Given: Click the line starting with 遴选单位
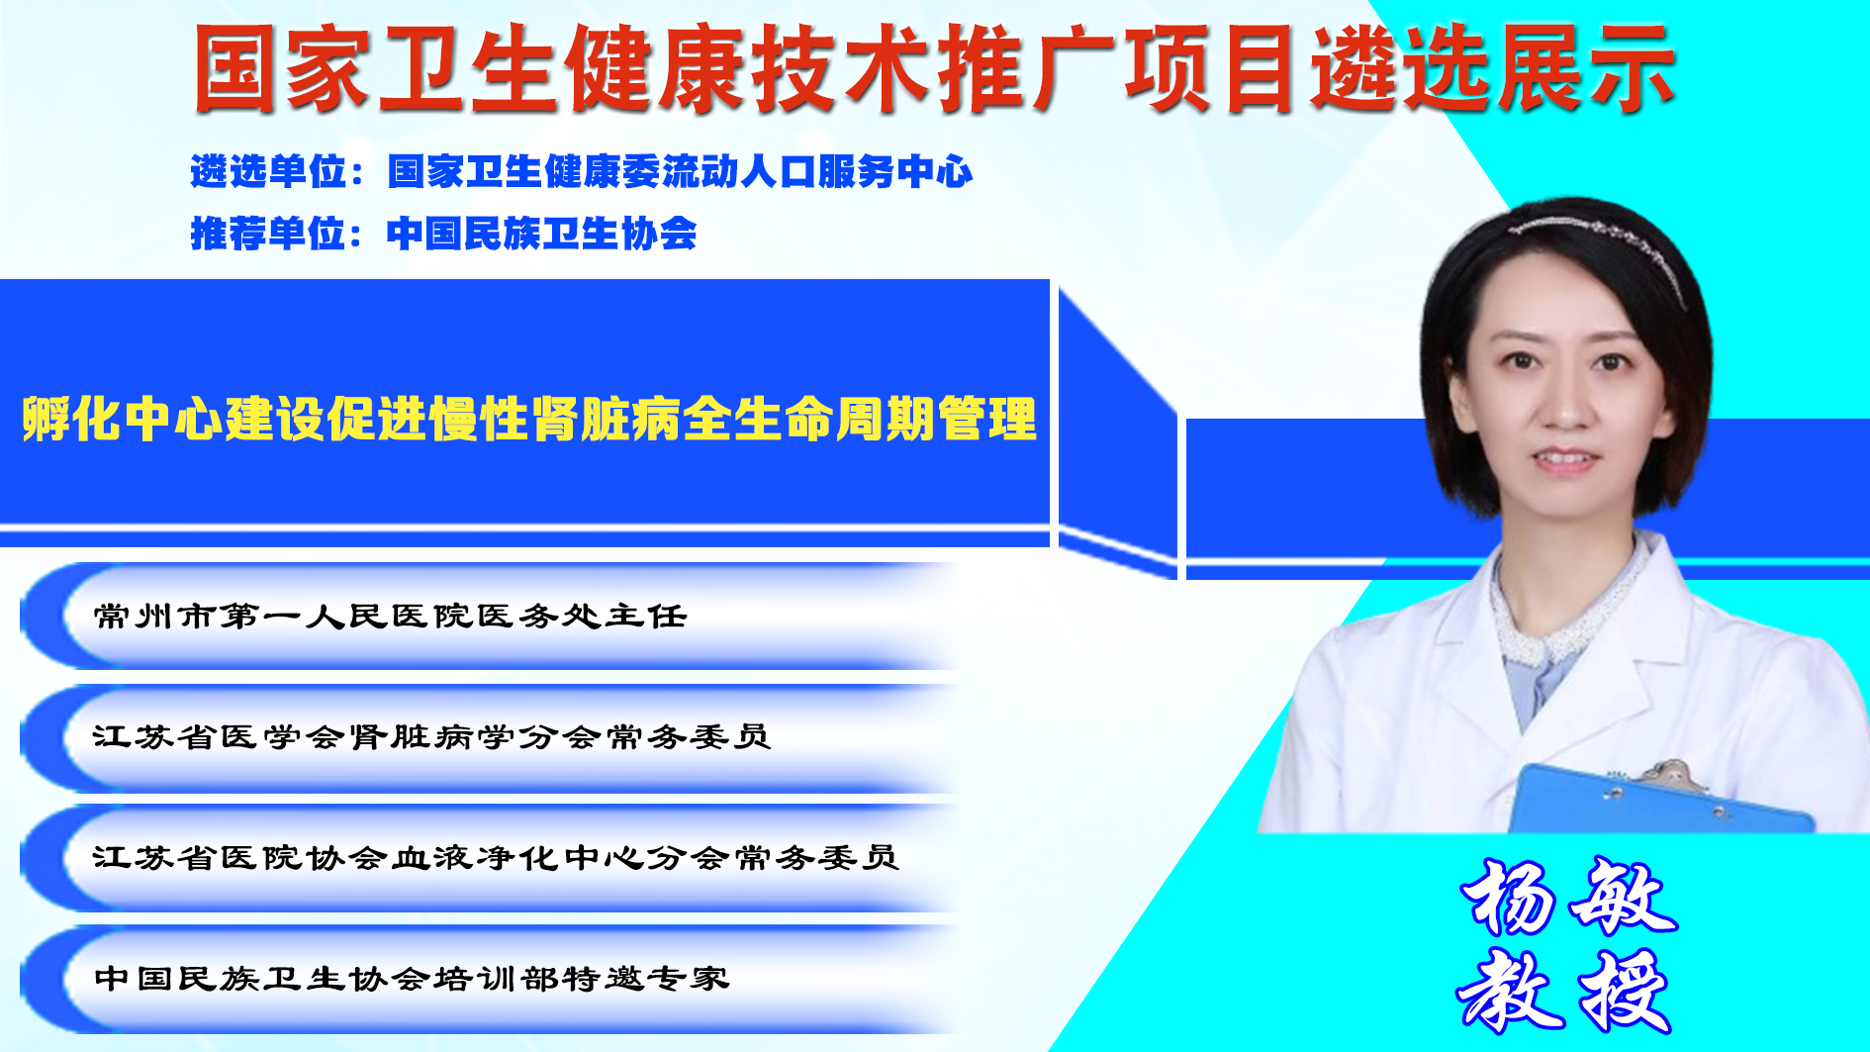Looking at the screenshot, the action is (x=582, y=171).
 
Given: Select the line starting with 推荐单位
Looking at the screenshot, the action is (x=443, y=234).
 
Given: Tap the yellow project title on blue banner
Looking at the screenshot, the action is (x=529, y=419).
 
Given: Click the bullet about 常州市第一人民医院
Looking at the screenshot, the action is (x=390, y=617).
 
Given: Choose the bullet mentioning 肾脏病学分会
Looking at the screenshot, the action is (x=431, y=737).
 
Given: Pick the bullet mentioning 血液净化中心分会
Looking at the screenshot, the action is (x=496, y=858).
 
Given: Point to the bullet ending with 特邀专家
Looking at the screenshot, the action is (x=412, y=979).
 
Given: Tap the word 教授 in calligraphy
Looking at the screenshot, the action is (x=1564, y=991).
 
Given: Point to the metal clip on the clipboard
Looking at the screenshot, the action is (x=1673, y=775).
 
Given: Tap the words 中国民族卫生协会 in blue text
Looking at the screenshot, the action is (x=542, y=234).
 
